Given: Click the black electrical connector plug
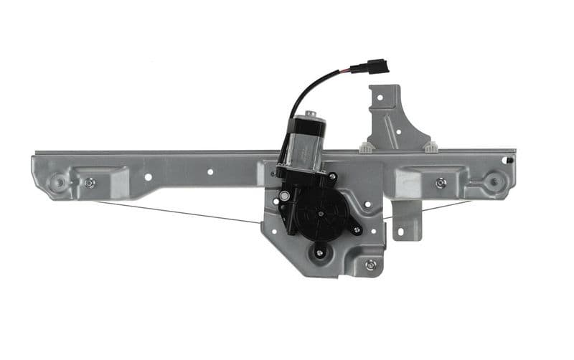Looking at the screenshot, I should coord(377,67).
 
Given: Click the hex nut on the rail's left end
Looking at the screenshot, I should coord(90,183).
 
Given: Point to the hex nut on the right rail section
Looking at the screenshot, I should coord(441,183).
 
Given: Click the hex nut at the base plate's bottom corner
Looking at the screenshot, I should coord(370,265).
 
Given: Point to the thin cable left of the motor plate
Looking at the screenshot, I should coord(179,212).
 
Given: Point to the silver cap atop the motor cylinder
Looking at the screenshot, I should coord(310,115).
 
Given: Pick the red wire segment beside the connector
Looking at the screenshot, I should coord(356,70).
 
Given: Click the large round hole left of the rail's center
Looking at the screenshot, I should coord(148,176).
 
